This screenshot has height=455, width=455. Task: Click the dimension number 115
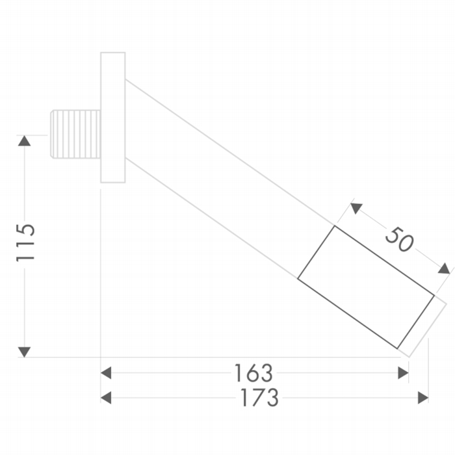(x=25, y=242)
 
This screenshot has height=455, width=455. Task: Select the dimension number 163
(x=253, y=373)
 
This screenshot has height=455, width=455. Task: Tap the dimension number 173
(x=260, y=397)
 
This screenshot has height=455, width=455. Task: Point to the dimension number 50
(x=399, y=240)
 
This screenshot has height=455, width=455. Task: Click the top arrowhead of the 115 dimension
(x=25, y=141)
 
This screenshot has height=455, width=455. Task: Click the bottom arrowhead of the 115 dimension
(x=25, y=352)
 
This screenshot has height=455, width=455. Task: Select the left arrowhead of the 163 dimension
(x=106, y=373)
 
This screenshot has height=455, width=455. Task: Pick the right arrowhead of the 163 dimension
(x=404, y=373)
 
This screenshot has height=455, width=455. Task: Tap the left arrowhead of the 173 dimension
(x=106, y=398)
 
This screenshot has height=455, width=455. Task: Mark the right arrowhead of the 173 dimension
(x=423, y=398)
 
